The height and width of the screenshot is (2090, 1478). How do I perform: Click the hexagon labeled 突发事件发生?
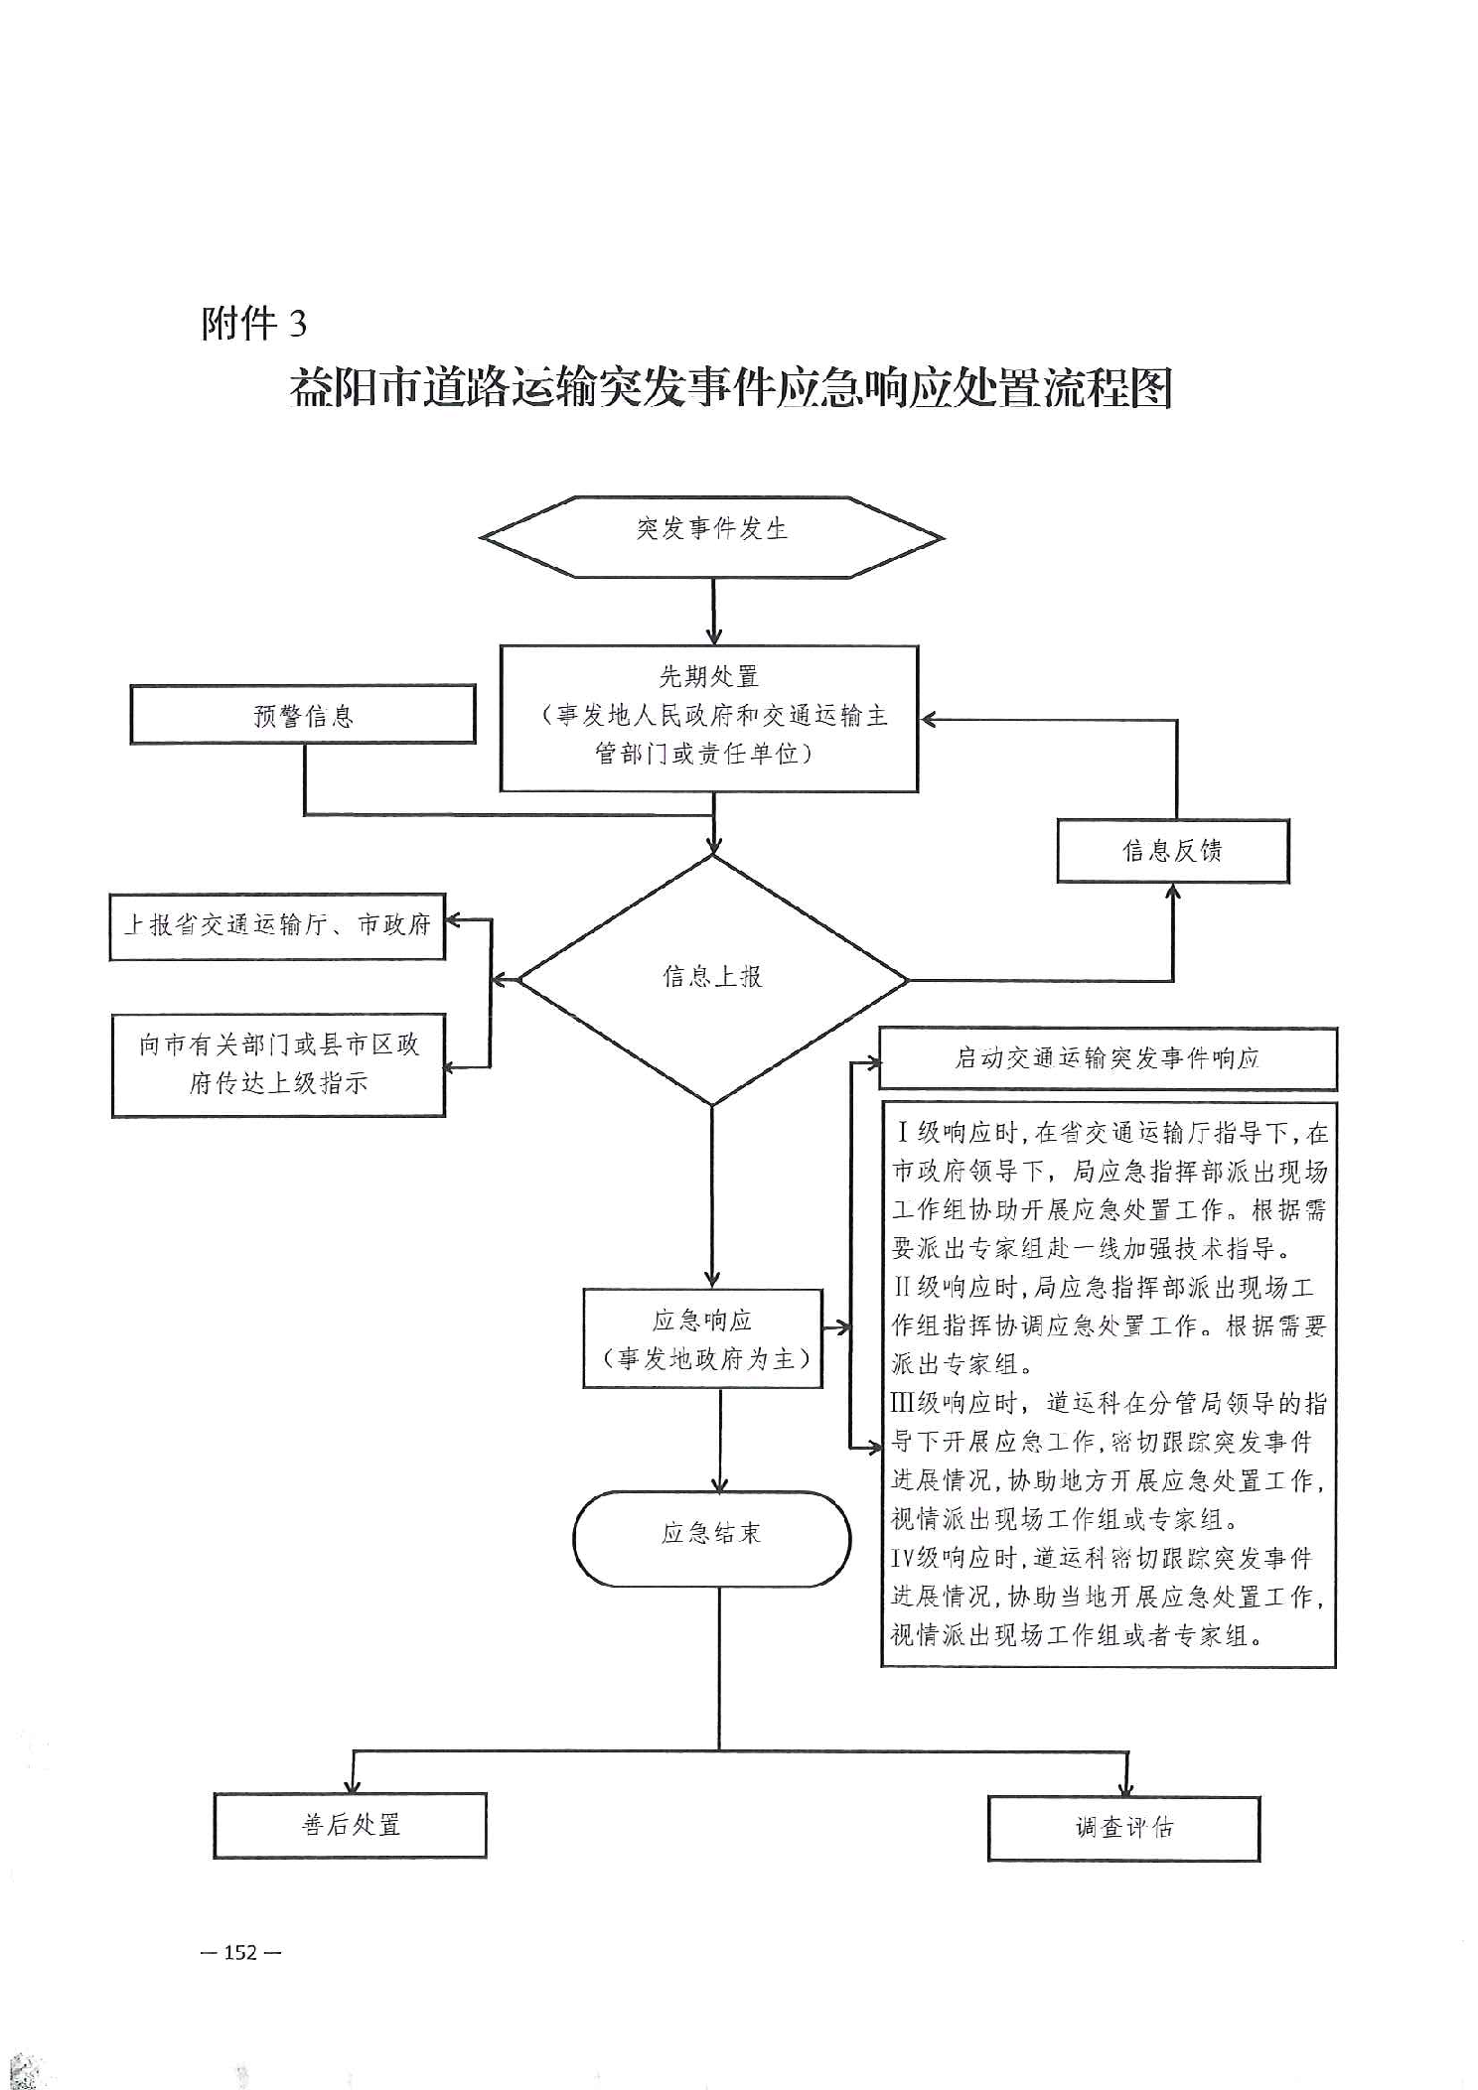711,536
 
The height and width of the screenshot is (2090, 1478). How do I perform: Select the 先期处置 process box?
708,718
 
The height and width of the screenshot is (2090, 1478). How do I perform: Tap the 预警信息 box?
303,714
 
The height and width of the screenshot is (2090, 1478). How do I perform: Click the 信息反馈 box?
1172,851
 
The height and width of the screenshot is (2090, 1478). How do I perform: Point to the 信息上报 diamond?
712,979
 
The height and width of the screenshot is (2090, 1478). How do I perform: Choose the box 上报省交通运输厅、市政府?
277,926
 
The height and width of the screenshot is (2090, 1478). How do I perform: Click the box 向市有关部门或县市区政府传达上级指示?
278,1064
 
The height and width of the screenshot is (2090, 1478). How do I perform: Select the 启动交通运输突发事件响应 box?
1107,1058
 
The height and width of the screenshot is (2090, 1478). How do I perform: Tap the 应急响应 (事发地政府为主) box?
703,1338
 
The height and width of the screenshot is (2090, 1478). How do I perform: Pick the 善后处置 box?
350,1825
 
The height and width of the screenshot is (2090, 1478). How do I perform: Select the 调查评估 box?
1123,1828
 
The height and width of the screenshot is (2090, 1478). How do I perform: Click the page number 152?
240,1952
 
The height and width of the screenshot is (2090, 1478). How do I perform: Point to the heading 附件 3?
254,324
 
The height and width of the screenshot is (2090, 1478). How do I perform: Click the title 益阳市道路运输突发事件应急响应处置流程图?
731,387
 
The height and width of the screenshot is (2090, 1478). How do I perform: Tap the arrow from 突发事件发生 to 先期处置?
713,611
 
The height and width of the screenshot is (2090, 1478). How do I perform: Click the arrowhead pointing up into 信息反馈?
1172,892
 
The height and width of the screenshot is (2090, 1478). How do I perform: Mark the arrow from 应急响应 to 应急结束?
720,1440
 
